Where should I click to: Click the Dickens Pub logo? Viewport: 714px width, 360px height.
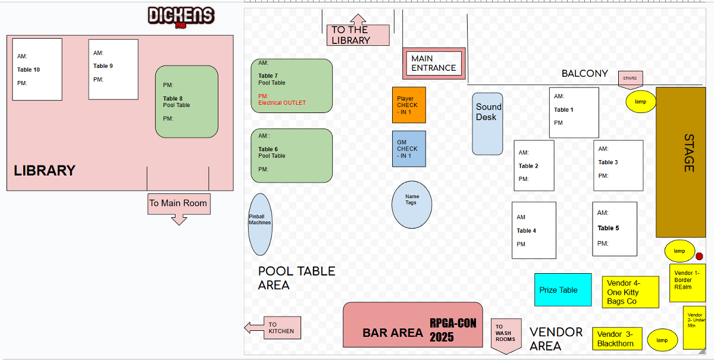(181, 17)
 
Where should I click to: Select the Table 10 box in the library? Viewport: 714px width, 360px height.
(37, 69)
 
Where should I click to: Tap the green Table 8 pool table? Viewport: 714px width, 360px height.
(186, 102)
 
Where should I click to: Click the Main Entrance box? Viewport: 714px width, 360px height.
(434, 63)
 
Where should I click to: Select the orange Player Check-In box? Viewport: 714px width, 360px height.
(409, 105)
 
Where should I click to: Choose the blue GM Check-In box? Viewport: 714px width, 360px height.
(409, 149)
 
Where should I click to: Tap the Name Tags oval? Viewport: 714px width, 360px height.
(412, 204)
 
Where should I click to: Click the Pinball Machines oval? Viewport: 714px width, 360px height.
(259, 224)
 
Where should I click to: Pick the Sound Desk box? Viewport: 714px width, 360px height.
(488, 124)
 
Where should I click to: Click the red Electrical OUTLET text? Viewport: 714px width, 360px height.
(281, 103)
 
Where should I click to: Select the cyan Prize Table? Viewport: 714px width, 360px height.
(563, 290)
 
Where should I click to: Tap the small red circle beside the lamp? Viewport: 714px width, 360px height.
(699, 256)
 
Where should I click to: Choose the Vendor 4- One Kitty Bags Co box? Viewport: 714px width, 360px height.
(630, 292)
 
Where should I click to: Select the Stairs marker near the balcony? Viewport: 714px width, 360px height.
(630, 79)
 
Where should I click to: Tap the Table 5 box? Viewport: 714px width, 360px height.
(614, 228)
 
